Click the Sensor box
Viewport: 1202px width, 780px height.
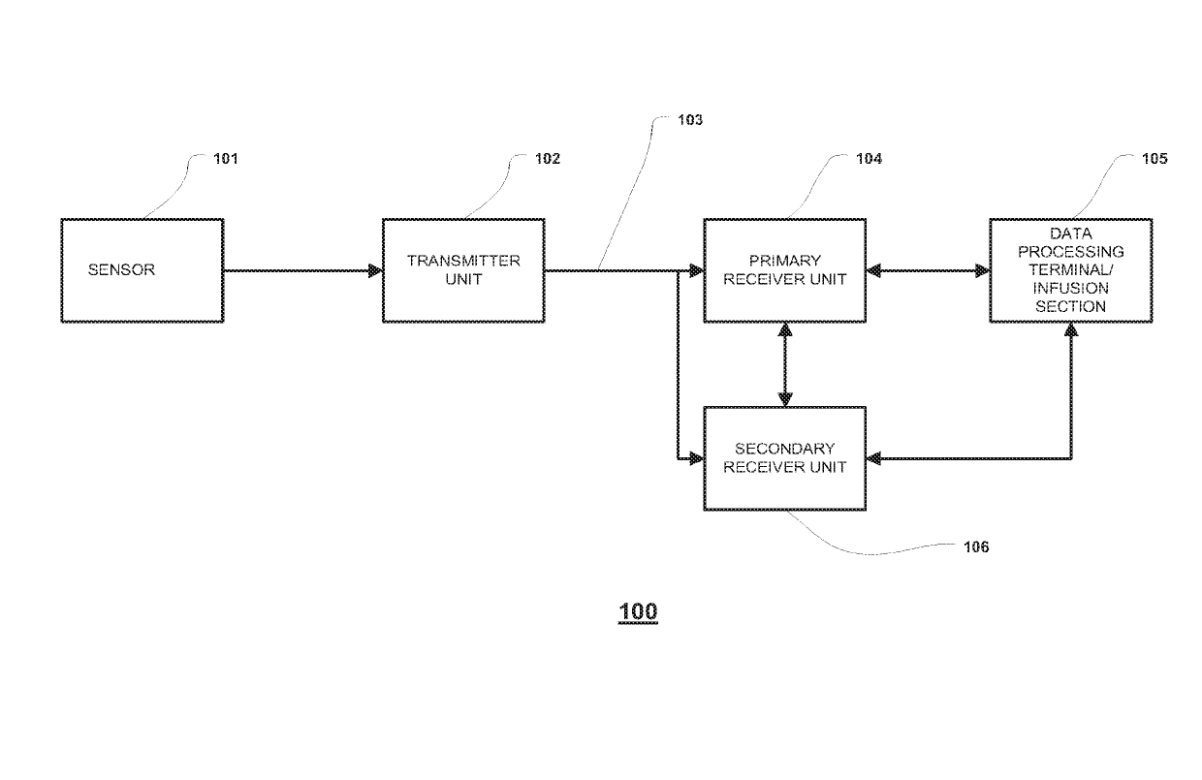pyautogui.click(x=142, y=270)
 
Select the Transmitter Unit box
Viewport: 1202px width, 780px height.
pyautogui.click(x=463, y=270)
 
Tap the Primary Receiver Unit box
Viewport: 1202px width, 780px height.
pyautogui.click(x=784, y=270)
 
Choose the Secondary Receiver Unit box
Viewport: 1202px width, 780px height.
pyautogui.click(x=784, y=458)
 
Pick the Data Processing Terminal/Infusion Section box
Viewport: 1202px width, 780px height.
pyautogui.click(x=1070, y=270)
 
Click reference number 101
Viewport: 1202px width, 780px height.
pyautogui.click(x=225, y=159)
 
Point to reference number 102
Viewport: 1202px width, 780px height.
pyautogui.click(x=548, y=159)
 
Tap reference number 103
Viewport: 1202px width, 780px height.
pyautogui.click(x=690, y=121)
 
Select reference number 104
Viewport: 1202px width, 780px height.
pyautogui.click(x=869, y=159)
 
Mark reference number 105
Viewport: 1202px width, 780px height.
pyautogui.click(x=1155, y=159)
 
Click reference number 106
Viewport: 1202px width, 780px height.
pyautogui.click(x=976, y=547)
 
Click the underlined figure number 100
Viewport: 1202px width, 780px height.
pyautogui.click(x=638, y=611)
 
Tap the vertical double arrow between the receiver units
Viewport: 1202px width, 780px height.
pyautogui.click(x=785, y=364)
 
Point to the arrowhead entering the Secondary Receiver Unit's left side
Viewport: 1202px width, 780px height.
pyautogui.click(x=695, y=458)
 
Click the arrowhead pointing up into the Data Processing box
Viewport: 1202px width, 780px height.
pyautogui.click(x=1071, y=329)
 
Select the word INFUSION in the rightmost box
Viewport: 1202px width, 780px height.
pyautogui.click(x=1070, y=289)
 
